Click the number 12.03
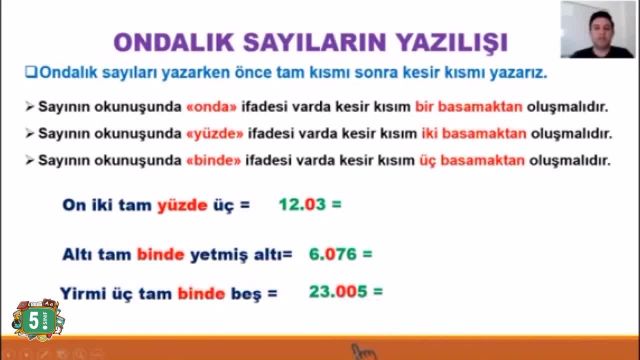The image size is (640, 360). pos(303,206)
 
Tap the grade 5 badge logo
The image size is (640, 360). pos(33,321)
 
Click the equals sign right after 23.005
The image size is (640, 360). pos(378,293)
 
